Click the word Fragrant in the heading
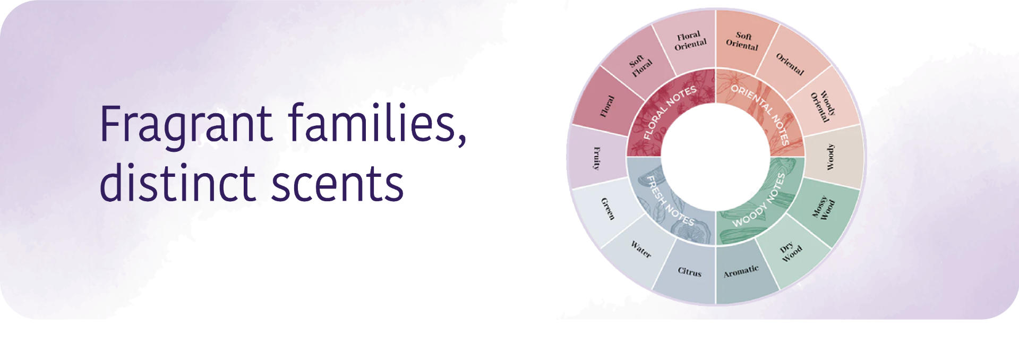click(186, 125)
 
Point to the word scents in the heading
click(338, 185)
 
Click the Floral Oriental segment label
click(690, 41)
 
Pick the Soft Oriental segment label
click(742, 41)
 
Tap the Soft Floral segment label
click(640, 66)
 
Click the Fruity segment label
click(596, 158)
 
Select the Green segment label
click(607, 209)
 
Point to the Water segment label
click(640, 249)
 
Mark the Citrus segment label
click(689, 272)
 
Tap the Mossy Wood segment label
click(824, 208)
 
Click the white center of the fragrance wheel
click(715, 157)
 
